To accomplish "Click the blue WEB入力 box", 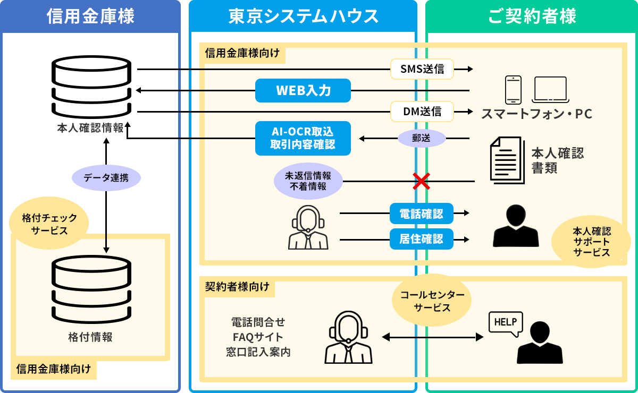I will [x=303, y=90].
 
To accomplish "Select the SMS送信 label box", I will [x=422, y=69].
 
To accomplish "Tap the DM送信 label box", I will [x=422, y=112].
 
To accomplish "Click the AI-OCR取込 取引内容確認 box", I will [x=303, y=138].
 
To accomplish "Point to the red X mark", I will [x=421, y=181].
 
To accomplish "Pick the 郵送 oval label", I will [x=422, y=139].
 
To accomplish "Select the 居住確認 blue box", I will [x=422, y=239].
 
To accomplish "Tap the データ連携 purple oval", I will [x=106, y=178].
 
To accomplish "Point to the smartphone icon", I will [x=513, y=90].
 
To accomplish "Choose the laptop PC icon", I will [x=551, y=90].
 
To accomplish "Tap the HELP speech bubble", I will [x=506, y=323].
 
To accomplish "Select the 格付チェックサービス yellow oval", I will [x=49, y=224].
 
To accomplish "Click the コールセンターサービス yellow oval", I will [x=432, y=302].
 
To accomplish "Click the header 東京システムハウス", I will [x=303, y=16].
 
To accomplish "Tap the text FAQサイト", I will [x=258, y=337].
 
